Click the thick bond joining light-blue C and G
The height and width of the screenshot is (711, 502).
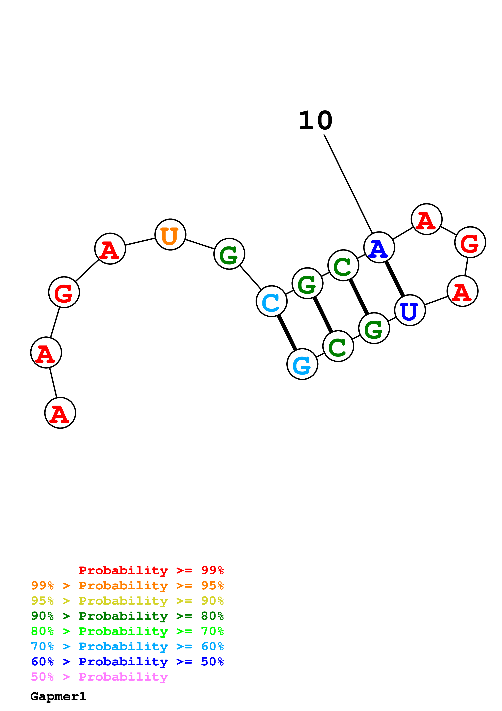pos(287,333)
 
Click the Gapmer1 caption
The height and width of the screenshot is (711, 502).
pos(58,696)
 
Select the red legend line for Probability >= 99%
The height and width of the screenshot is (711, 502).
pos(151,570)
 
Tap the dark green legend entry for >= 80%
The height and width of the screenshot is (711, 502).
pos(127,616)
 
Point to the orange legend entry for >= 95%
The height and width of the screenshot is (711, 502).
pos(127,586)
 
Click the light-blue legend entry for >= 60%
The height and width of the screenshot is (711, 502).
pos(127,646)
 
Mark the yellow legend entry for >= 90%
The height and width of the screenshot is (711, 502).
pos(127,601)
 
